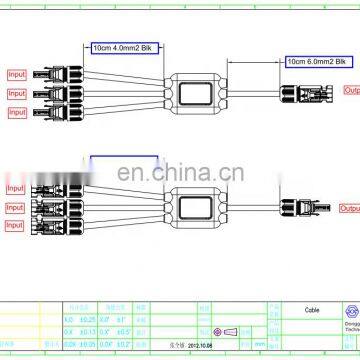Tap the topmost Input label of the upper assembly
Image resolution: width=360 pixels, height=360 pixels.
pyautogui.click(x=17, y=74)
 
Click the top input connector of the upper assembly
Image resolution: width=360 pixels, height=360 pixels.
pyautogui.click(x=55, y=73)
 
